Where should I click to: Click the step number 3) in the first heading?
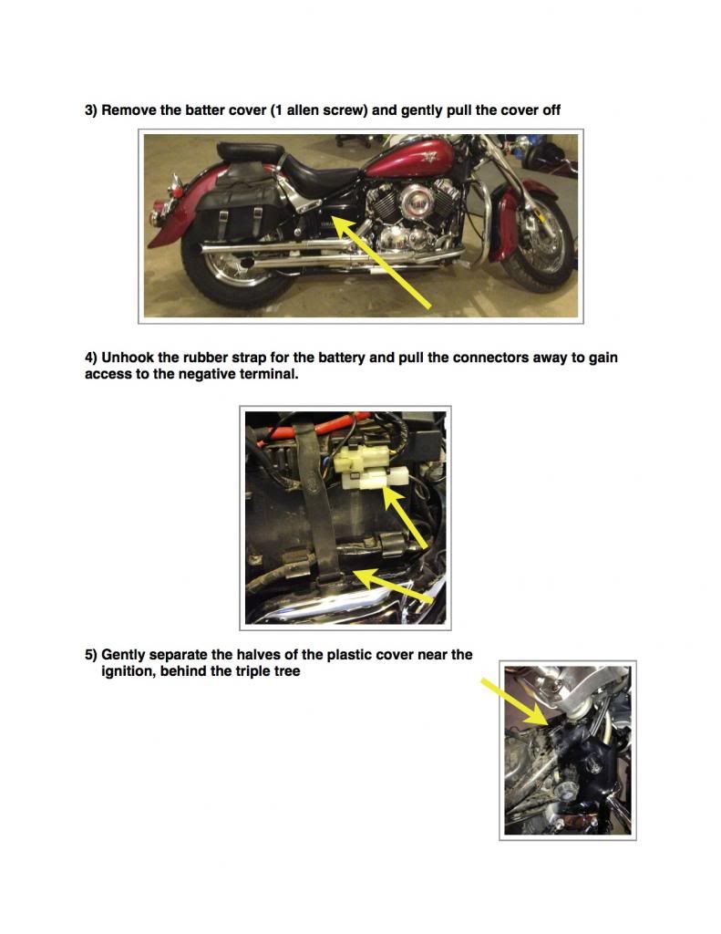pyautogui.click(x=91, y=110)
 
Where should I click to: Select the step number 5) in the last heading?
pyautogui.click(x=91, y=655)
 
